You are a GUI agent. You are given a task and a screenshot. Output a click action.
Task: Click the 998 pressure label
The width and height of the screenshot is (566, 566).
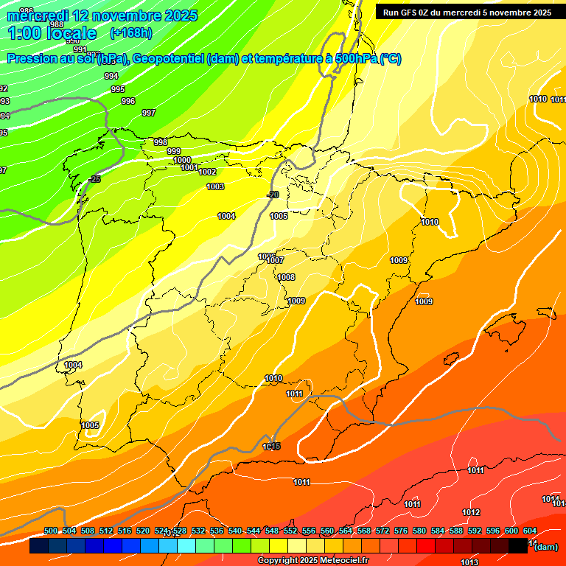(x=160, y=141)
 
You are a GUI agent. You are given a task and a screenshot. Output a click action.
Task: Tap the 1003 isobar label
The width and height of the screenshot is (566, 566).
(x=215, y=186)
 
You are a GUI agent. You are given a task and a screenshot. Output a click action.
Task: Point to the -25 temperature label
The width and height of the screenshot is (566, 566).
(x=94, y=179)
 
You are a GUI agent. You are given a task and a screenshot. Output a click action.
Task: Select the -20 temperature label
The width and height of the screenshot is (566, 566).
(x=273, y=195)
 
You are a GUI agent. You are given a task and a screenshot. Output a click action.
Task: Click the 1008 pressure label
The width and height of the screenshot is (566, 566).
(x=286, y=277)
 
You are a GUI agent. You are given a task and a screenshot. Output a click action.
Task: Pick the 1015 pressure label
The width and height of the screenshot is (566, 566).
(x=271, y=446)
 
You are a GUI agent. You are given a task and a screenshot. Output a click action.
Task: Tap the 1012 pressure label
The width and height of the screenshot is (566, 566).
(x=472, y=512)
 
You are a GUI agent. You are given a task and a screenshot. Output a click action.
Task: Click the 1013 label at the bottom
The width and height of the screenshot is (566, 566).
(x=469, y=562)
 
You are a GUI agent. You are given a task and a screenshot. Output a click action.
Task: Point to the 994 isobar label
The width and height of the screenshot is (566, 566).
(x=111, y=76)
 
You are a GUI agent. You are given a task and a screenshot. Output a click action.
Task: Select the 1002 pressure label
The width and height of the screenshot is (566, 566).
(x=207, y=172)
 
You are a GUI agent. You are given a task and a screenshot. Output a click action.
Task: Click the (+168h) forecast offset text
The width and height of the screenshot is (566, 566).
(x=131, y=32)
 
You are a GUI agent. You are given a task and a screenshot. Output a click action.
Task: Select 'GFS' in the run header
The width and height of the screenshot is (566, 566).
(x=410, y=13)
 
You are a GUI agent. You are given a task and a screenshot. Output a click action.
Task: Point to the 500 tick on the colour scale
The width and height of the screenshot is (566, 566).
(x=51, y=531)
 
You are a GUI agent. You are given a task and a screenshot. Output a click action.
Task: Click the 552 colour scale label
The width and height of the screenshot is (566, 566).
(x=290, y=531)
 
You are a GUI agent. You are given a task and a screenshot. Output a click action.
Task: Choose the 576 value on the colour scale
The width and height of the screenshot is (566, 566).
(x=401, y=531)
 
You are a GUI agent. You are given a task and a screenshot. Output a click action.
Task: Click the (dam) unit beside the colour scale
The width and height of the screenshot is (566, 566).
(x=546, y=546)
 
